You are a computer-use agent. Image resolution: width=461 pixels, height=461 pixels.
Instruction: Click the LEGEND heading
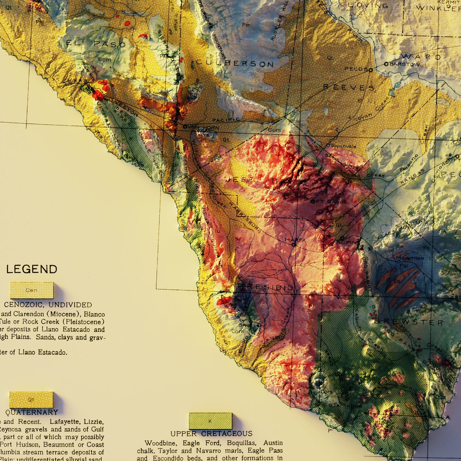point(32,269)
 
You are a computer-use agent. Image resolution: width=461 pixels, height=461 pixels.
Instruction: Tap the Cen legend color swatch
point(32,290)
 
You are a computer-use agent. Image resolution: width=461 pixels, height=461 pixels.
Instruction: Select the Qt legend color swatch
point(31,400)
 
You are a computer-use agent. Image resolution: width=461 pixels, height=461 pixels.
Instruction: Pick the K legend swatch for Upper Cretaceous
point(211,421)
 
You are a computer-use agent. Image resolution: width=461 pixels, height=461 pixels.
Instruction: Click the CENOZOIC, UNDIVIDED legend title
point(48,305)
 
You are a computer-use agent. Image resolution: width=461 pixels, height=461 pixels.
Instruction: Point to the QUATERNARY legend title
point(32,412)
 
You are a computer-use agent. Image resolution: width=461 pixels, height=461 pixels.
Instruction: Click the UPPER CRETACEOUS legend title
point(211,434)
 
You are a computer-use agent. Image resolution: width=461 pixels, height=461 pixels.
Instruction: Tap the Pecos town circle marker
point(370,70)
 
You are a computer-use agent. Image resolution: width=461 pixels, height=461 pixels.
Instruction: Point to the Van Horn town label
point(203,127)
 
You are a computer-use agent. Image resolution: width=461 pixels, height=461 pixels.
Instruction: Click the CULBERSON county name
point(235,63)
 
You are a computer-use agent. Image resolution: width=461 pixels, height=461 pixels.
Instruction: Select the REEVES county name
point(349,87)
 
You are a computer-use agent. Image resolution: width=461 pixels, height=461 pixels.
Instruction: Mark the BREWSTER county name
point(409,322)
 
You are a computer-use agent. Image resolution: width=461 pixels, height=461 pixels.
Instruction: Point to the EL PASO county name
point(96,44)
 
